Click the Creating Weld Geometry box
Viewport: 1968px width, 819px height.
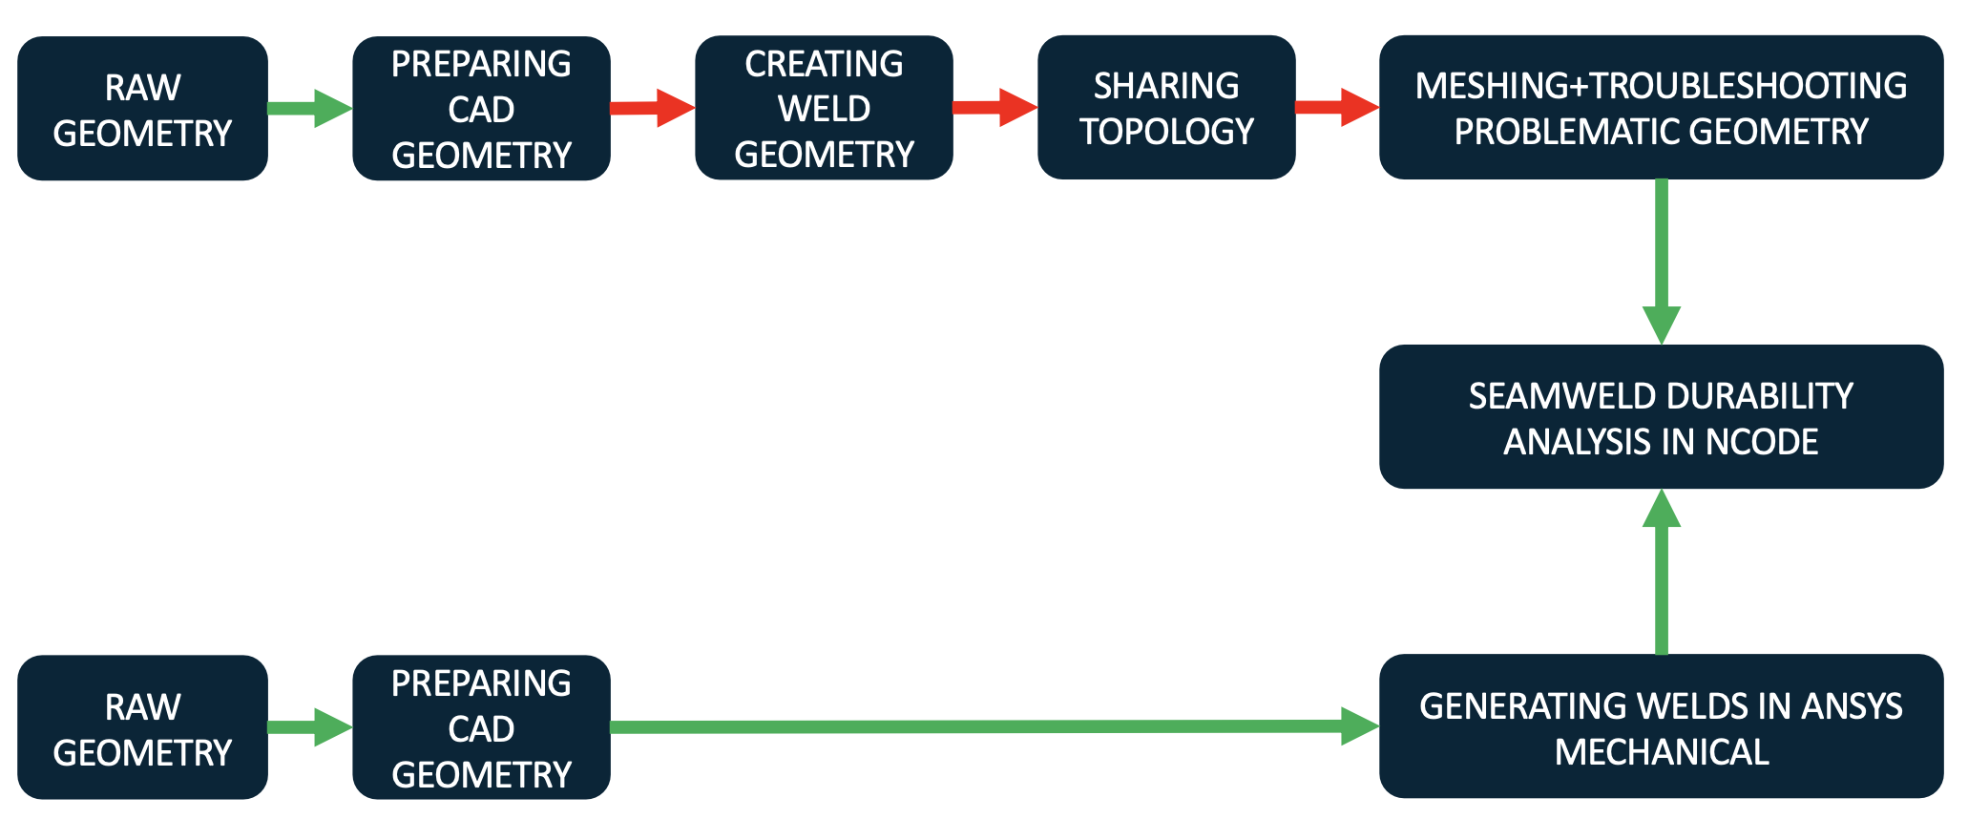[824, 108]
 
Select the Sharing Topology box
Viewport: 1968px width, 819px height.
[1165, 108]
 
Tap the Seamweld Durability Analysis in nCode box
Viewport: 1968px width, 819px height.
[1661, 417]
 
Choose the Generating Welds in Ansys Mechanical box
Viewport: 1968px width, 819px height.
[1661, 726]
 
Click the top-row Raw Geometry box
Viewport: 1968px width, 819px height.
[142, 109]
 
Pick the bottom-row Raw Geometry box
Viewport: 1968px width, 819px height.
[142, 727]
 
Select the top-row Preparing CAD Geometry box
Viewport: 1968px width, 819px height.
[481, 109]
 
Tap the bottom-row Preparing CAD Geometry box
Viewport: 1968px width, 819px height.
[481, 727]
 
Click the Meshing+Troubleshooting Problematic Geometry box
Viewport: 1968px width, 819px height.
[1661, 108]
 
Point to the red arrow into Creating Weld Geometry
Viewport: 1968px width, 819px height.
[653, 108]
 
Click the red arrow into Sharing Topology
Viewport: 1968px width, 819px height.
[994, 107]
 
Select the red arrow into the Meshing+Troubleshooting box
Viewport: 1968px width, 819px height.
[1337, 107]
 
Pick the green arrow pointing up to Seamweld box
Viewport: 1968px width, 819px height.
[1662, 573]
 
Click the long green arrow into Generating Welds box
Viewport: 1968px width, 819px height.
[993, 726]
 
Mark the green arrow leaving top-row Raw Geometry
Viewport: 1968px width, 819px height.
[309, 108]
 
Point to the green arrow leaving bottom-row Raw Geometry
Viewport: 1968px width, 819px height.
[309, 727]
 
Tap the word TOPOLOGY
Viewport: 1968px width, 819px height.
[1166, 132]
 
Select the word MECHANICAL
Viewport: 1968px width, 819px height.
[1662, 752]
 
